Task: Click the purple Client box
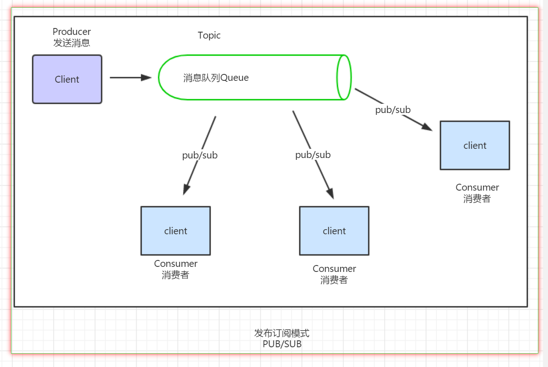pos(67,79)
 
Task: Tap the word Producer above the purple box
pos(72,32)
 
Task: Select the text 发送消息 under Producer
pos(72,43)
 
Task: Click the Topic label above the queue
pos(209,35)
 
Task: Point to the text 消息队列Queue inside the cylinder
pos(216,78)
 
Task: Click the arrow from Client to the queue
pos(131,78)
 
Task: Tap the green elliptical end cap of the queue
pos(344,77)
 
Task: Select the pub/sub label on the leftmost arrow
pos(200,155)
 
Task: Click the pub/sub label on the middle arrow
pos(313,155)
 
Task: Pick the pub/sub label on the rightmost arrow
pos(393,110)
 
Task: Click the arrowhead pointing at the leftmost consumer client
pos(186,189)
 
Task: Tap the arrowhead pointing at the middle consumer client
pos(330,193)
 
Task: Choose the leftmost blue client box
pos(176,231)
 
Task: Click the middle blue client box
pos(334,231)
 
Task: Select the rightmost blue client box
pos(475,146)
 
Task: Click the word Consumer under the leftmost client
pos(176,264)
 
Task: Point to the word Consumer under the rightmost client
pos(477,187)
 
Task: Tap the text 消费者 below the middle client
pos(334,280)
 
